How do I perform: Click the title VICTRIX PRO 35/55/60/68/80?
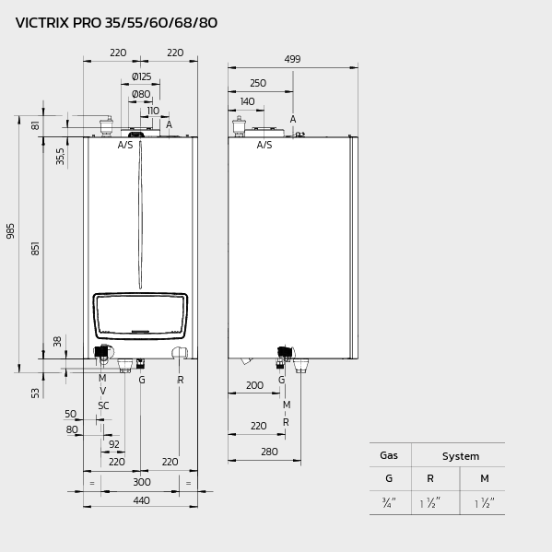(116, 23)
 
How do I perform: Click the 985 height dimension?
(11, 230)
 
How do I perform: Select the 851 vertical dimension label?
(36, 248)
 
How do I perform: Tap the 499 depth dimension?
(292, 59)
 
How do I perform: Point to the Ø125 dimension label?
(141, 76)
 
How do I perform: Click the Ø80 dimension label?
(140, 94)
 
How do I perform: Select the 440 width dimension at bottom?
(141, 500)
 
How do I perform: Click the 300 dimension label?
(141, 482)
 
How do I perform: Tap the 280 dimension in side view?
(269, 452)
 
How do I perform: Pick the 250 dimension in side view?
(257, 84)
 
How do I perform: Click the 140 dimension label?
(247, 102)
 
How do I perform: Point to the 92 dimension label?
(114, 444)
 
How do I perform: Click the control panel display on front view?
(140, 315)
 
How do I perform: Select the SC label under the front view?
(103, 405)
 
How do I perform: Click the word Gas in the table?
(389, 456)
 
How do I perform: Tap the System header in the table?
(460, 456)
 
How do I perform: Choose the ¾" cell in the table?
(388, 503)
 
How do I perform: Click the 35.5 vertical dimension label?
(61, 156)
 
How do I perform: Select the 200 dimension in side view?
(254, 385)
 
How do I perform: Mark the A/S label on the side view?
(264, 145)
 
